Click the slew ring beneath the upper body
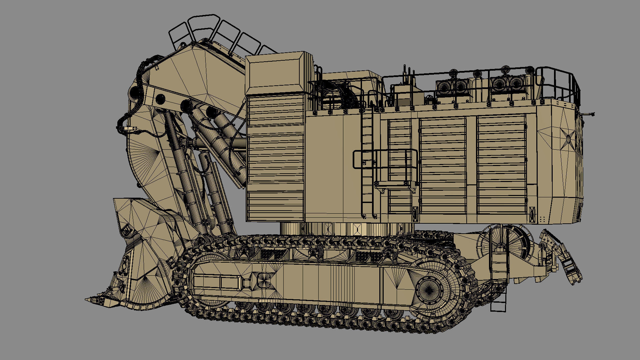347,229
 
